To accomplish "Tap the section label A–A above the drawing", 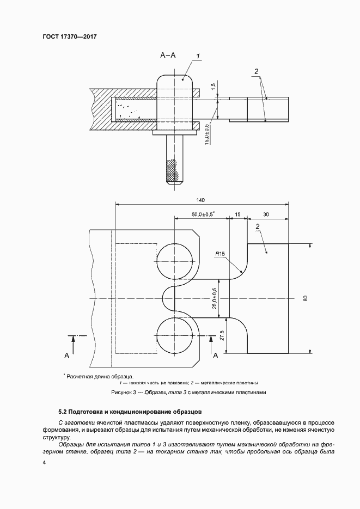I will click(168, 55).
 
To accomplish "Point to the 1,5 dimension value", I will click(213, 86).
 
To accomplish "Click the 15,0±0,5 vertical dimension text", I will click(207, 133).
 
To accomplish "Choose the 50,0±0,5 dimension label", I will click(203, 213).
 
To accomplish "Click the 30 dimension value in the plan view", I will click(265, 213).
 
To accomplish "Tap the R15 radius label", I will click(221, 254).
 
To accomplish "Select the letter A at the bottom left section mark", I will click(66, 355).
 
